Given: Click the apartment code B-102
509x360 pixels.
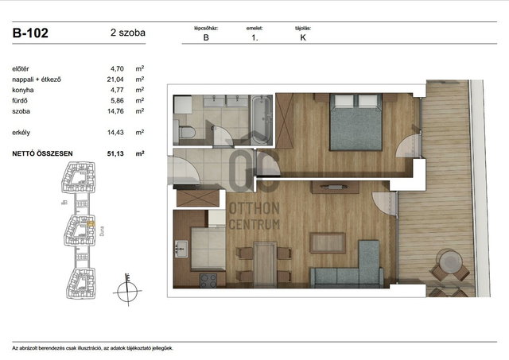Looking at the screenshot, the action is tap(30, 33).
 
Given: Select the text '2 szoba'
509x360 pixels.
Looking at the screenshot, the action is tap(128, 33).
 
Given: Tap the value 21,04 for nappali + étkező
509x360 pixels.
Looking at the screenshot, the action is tap(115, 79).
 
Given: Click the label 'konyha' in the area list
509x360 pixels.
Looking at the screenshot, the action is tap(23, 90).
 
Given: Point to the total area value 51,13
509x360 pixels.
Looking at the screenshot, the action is tap(115, 153).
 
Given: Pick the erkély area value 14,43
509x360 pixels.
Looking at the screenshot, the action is tap(115, 133).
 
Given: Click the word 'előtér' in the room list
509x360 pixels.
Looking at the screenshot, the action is tap(21, 69).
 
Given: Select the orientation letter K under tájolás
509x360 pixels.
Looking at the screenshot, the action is tap(303, 37).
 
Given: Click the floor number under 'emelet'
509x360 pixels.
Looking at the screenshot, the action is tap(254, 37).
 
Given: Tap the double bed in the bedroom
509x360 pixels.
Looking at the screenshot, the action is tap(356, 122).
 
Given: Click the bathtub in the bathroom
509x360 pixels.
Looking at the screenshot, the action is tap(262, 119).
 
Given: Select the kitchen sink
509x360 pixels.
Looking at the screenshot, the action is tap(181, 249).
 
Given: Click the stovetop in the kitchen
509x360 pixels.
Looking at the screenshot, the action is tap(208, 281).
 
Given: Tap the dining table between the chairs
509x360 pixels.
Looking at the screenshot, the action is tap(265, 265).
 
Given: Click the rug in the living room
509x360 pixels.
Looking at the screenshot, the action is tap(327, 243).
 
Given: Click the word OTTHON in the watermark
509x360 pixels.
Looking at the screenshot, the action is tap(254, 208).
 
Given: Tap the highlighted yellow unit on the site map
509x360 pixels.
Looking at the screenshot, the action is tap(91, 224).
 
